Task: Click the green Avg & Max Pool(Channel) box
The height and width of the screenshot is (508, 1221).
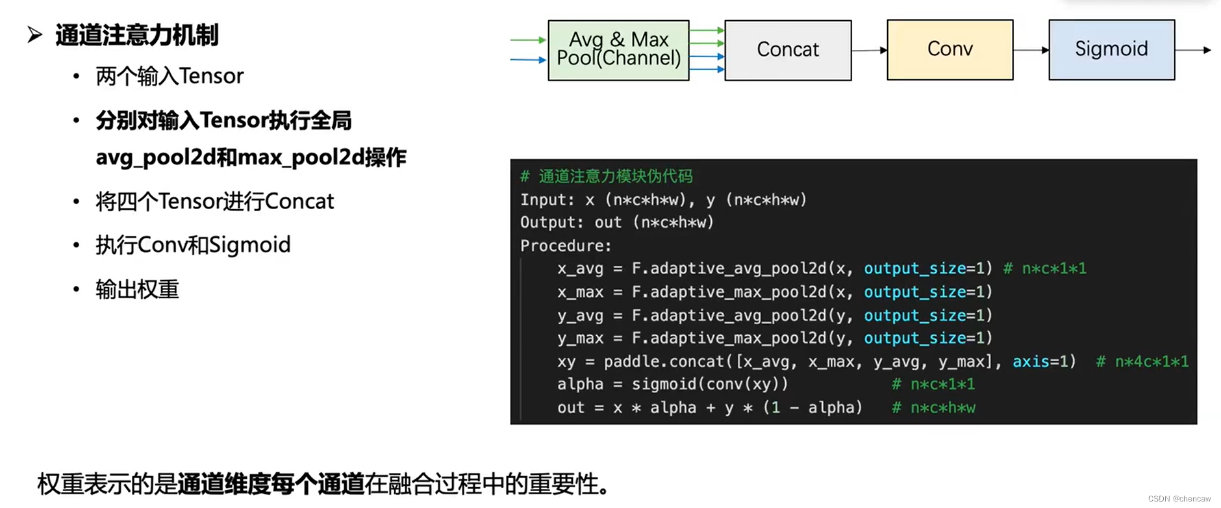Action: point(618,50)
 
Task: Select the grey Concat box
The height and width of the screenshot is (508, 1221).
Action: point(788,50)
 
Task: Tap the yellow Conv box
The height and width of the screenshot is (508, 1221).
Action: point(950,49)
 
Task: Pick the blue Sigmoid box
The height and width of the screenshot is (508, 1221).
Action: point(1111,49)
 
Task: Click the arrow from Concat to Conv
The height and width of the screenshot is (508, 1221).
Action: point(869,50)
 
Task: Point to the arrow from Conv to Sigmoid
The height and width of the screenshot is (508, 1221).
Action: point(1031,50)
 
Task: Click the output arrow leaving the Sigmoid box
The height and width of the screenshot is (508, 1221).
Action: point(1194,50)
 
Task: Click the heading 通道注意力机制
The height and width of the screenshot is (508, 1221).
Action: point(136,35)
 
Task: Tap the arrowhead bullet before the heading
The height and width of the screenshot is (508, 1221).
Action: point(35,34)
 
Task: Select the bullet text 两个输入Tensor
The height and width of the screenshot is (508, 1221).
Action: point(170,77)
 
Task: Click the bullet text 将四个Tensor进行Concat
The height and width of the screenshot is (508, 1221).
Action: point(214,201)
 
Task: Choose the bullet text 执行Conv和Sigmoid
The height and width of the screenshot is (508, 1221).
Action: point(193,245)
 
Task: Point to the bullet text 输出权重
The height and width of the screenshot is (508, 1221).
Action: point(137,289)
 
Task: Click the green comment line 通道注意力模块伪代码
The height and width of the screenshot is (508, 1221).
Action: point(615,176)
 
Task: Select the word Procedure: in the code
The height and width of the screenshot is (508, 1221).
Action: point(566,246)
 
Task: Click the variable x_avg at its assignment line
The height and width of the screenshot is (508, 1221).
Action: point(580,269)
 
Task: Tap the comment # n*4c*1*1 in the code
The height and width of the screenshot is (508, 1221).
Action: point(1142,362)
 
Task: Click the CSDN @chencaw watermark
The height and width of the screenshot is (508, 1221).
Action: point(1179,498)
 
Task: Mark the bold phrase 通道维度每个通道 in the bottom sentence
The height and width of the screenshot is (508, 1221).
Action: point(271,484)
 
